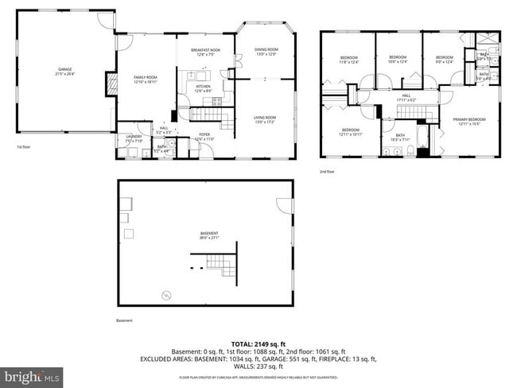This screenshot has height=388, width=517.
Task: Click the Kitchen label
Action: (203, 88)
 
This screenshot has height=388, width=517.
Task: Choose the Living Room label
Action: (264, 119)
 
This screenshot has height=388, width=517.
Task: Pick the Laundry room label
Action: (134, 138)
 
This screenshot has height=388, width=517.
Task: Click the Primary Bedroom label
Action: (468, 122)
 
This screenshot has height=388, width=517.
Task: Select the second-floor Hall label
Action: (406, 98)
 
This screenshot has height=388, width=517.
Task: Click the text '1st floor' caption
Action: (25, 147)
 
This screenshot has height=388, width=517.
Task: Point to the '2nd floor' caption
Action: (327, 171)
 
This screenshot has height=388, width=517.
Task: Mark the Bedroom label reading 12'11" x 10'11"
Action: (351, 132)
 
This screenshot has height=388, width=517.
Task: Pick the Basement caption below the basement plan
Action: (125, 320)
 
